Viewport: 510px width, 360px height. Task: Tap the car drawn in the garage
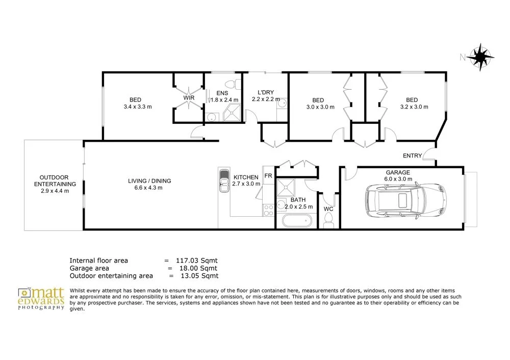click(x=405, y=201)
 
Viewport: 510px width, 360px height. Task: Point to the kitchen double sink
click(x=224, y=181)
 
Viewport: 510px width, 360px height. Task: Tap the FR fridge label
click(x=268, y=176)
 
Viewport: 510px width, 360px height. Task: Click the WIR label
click(x=189, y=98)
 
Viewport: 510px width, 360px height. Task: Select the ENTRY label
click(x=412, y=156)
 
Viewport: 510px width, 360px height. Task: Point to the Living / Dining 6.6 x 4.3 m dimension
click(x=148, y=188)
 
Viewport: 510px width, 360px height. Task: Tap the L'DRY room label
click(x=266, y=92)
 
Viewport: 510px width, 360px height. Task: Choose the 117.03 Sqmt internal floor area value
click(x=197, y=261)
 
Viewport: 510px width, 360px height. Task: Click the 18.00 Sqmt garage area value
click(x=198, y=268)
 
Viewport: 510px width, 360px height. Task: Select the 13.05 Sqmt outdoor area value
click(x=199, y=276)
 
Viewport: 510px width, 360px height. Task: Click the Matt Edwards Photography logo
click(x=41, y=298)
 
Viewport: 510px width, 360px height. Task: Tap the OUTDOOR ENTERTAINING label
click(x=55, y=181)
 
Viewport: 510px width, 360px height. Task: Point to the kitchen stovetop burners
click(x=268, y=210)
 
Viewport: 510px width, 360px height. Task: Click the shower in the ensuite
click(x=232, y=113)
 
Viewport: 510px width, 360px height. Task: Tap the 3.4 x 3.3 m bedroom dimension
click(x=138, y=107)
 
